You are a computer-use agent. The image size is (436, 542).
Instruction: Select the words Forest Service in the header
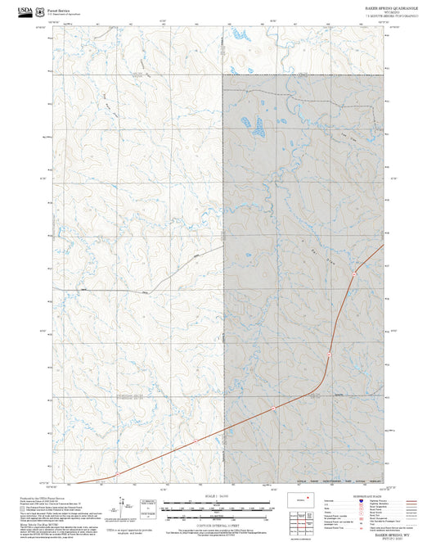60,7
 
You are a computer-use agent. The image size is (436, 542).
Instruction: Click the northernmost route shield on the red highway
353,272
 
